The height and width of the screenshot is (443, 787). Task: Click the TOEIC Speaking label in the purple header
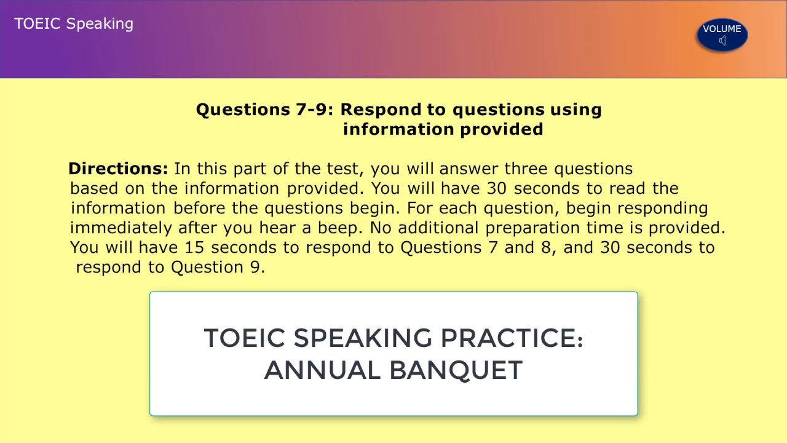click(x=74, y=24)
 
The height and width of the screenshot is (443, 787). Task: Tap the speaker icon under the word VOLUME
click(x=722, y=41)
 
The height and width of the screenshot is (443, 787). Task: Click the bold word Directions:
click(x=118, y=169)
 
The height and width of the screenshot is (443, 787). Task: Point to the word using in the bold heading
click(x=575, y=110)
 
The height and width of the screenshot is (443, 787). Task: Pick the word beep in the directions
click(x=340, y=228)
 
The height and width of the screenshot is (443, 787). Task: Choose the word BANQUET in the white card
click(x=456, y=370)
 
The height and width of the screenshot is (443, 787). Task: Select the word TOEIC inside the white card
click(x=244, y=338)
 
